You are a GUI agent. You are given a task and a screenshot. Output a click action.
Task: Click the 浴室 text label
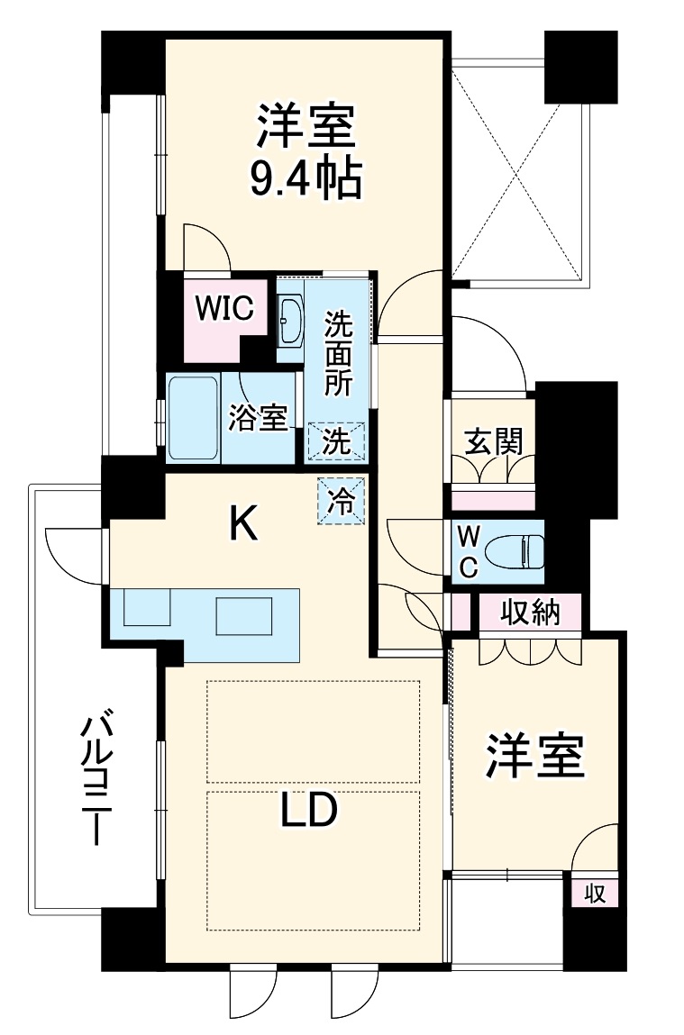coord(258,417)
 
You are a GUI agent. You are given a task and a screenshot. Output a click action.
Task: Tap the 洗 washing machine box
coord(336,441)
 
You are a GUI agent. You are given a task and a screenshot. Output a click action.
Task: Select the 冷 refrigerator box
coord(341,500)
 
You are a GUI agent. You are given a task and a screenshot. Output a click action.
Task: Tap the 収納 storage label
coord(531,613)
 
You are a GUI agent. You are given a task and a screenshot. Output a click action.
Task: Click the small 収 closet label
coord(594,894)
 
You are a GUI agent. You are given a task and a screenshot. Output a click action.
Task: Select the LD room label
coord(308,812)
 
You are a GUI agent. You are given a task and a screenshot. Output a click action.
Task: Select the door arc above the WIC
coord(205,245)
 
